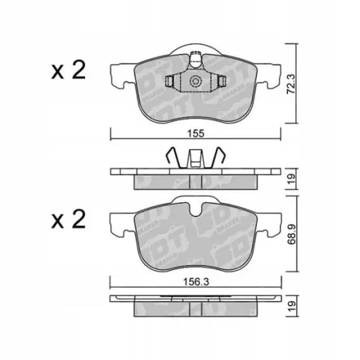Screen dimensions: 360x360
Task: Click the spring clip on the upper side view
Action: (193, 157)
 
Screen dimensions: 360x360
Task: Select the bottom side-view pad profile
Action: (193, 305)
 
